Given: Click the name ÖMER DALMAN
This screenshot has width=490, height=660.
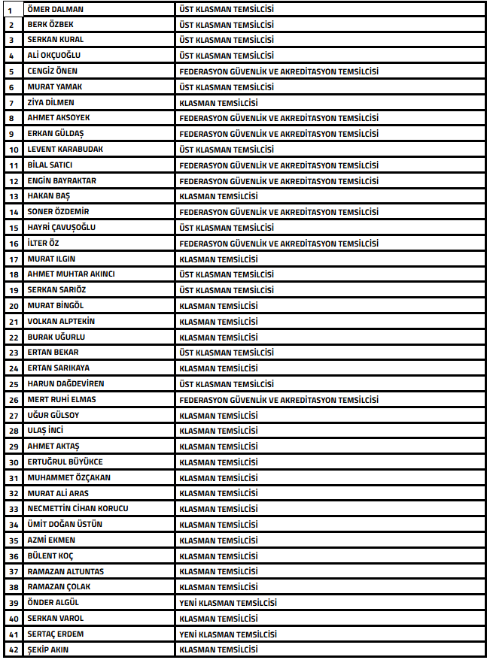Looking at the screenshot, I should click(56, 9).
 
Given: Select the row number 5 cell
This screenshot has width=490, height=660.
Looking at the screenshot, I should click(11, 71).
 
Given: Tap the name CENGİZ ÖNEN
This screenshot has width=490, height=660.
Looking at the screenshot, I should click(52, 71).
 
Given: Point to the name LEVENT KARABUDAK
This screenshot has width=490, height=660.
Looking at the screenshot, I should click(65, 149).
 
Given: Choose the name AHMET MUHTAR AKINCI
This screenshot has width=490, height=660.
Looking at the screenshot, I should click(71, 274).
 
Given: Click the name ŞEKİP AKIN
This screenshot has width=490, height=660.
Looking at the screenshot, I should click(47, 649).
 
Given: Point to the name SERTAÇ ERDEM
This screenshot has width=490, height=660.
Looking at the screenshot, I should click(55, 634).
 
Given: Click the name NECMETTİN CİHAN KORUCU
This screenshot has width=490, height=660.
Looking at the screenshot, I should click(78, 509).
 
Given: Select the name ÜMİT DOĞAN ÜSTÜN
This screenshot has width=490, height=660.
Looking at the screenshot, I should click(65, 524).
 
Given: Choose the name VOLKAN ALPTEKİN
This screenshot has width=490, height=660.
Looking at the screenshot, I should click(61, 321).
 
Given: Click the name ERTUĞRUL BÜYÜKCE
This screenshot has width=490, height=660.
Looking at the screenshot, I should click(65, 462).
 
